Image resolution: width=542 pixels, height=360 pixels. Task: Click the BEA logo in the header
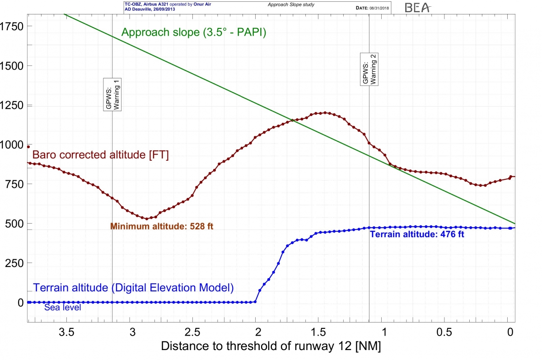point(418,7)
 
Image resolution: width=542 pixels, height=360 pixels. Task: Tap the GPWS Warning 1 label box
point(112,94)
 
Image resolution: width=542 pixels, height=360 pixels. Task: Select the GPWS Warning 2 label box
point(369,69)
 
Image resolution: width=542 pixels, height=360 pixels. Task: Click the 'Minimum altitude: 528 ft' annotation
point(162,226)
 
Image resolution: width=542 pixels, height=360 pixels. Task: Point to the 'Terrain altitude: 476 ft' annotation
point(417,234)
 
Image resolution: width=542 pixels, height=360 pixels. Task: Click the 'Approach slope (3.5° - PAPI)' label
point(194,33)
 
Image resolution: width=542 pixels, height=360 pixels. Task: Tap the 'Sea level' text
point(62,308)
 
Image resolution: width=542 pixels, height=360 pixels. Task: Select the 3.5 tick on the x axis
point(67,333)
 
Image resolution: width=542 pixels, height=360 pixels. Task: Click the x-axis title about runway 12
point(271,347)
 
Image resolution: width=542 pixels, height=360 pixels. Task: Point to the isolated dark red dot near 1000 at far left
point(28,147)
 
